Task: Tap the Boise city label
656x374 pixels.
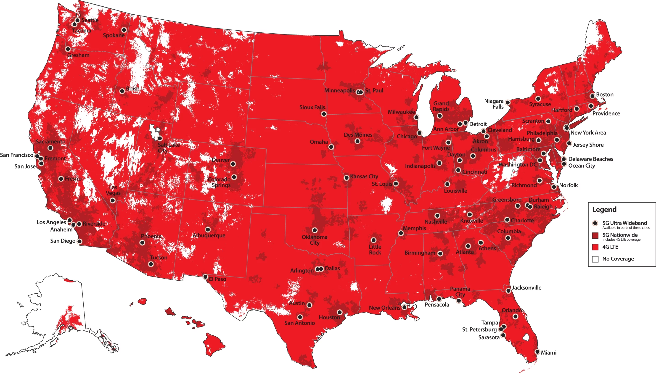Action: click(x=132, y=89)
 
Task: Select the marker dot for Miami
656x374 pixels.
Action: click(x=537, y=352)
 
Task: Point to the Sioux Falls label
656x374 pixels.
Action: click(x=312, y=107)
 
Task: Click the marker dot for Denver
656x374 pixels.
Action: click(x=233, y=164)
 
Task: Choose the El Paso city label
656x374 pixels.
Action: click(x=217, y=279)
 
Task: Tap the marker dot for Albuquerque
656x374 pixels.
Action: click(x=208, y=229)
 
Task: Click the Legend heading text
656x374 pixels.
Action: click(x=604, y=210)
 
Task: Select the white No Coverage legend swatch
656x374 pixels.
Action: click(x=595, y=259)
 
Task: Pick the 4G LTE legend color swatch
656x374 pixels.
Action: click(x=595, y=247)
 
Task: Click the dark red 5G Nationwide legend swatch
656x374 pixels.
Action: click(x=595, y=235)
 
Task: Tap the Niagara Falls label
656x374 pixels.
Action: click(x=494, y=104)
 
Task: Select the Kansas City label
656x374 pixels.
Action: click(x=364, y=176)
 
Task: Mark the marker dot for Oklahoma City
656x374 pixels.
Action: click(x=315, y=230)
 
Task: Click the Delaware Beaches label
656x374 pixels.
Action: click(x=590, y=159)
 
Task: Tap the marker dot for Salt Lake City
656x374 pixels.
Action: click(x=160, y=138)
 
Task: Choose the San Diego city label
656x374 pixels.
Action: click(x=63, y=241)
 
